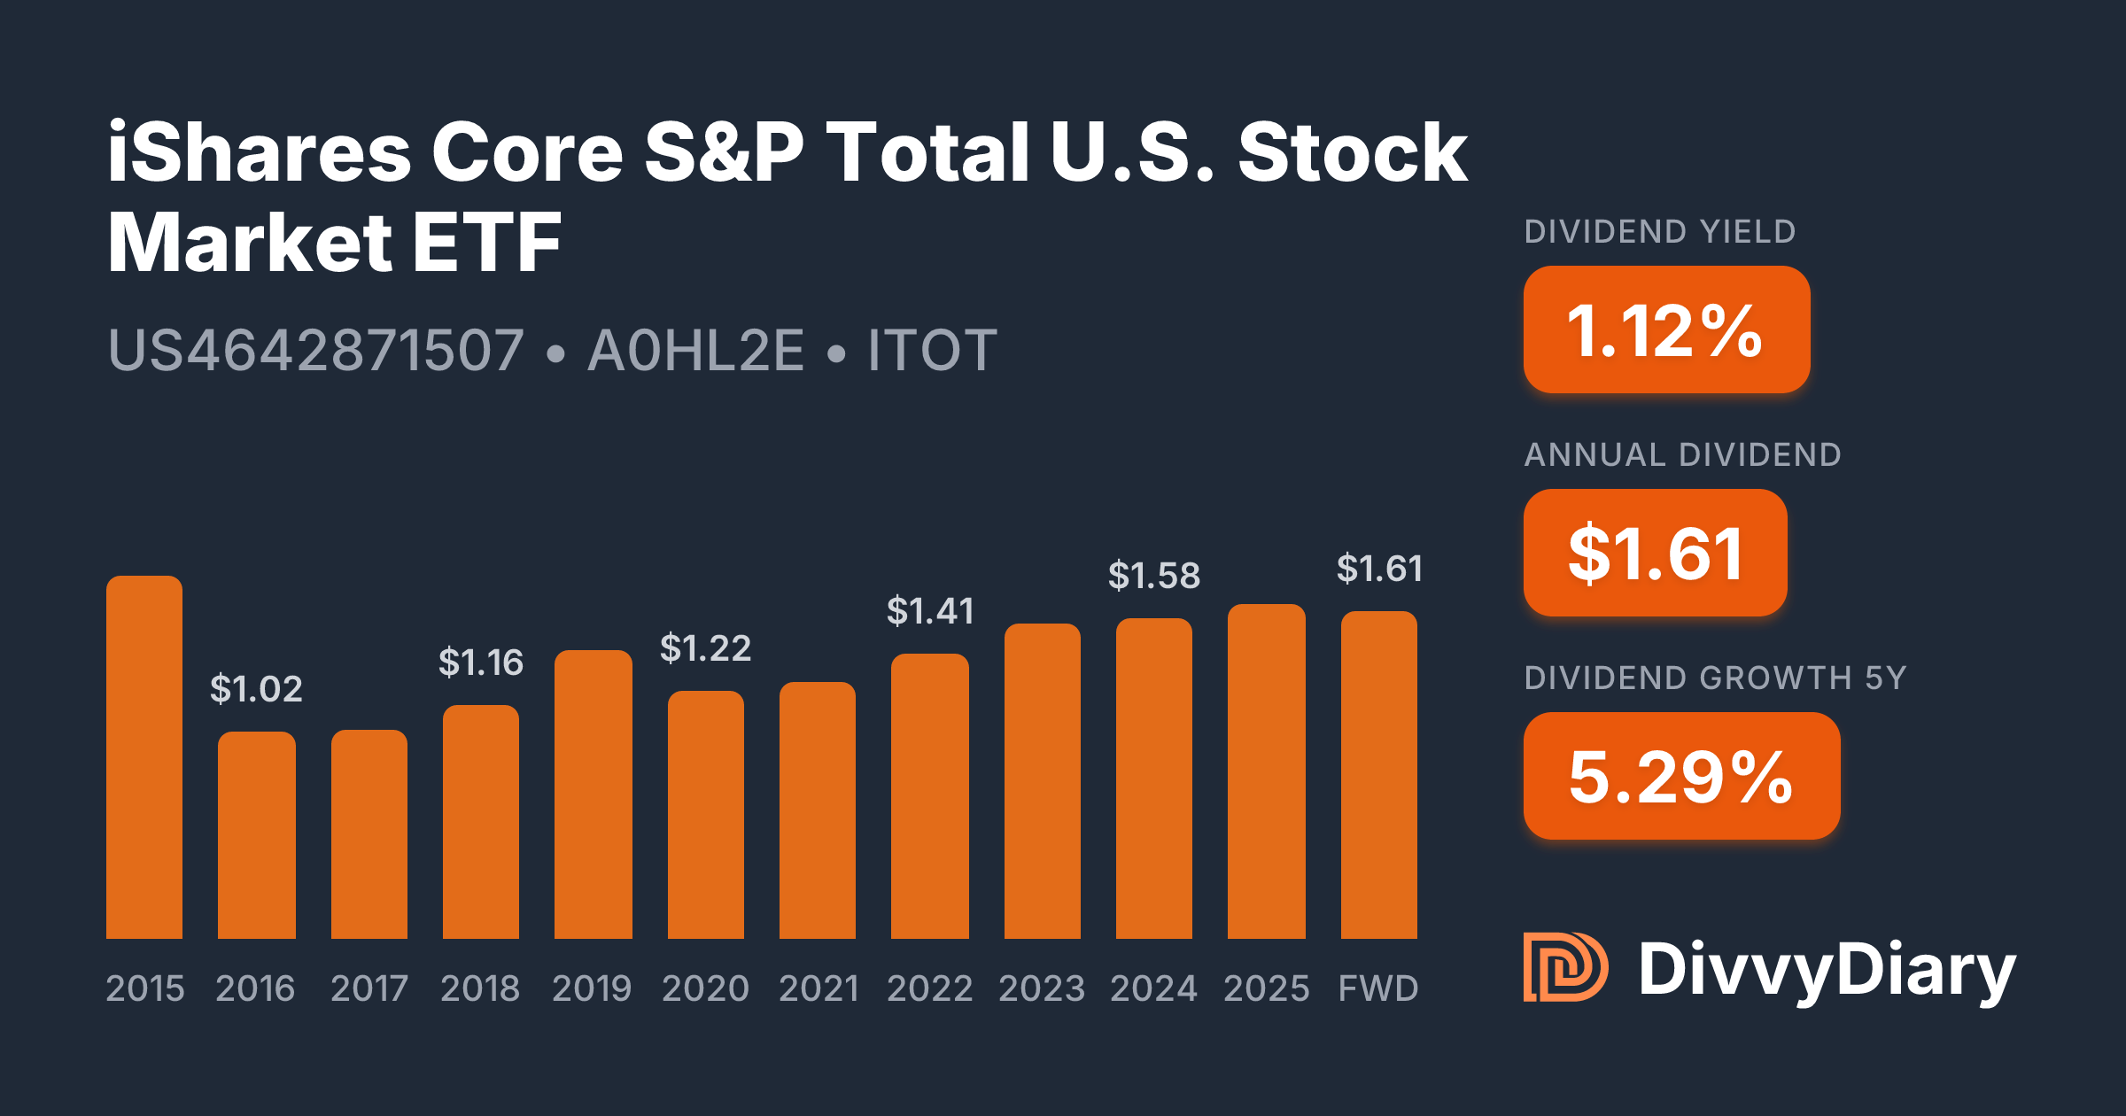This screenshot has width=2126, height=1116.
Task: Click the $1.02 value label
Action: coord(256,689)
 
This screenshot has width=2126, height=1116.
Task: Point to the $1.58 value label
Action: coord(1154,577)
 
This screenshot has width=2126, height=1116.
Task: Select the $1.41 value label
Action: coord(930,611)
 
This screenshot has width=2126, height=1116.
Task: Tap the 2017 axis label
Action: coord(369,988)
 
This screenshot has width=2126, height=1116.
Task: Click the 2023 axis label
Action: coord(1042,988)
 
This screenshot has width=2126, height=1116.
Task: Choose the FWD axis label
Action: coord(1378,988)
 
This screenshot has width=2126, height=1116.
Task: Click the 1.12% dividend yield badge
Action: coord(1666,329)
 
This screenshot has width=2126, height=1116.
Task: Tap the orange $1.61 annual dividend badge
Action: coord(1655,553)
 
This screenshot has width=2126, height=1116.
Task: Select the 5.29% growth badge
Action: coord(1681,776)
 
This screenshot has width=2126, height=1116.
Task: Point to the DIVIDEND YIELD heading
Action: coord(1660,232)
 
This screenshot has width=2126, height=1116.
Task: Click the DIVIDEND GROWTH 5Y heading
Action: coord(1715,678)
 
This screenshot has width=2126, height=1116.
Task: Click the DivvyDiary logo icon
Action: coord(1565,967)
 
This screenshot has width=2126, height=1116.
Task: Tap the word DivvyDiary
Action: coord(1827,970)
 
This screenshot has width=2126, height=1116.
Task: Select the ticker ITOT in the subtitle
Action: coord(932,351)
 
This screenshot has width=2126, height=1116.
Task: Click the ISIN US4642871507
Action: coord(316,351)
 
